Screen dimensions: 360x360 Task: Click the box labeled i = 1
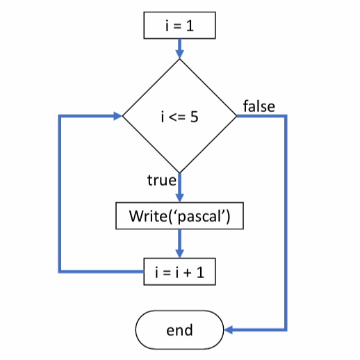(179, 26)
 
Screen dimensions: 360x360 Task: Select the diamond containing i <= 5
(179, 115)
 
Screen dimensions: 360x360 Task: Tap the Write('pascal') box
(179, 216)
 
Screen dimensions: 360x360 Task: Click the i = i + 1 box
(179, 271)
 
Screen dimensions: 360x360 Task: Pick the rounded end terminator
(179, 329)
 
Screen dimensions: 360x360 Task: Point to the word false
(259, 106)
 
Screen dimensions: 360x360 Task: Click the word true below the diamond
(161, 180)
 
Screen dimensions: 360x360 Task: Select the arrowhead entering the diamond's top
(179, 54)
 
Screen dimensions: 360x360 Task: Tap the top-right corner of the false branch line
(285, 116)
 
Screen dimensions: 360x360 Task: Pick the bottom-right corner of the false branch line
(285, 329)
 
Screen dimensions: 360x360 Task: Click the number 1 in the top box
(190, 26)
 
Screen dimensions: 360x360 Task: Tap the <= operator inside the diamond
(178, 117)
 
